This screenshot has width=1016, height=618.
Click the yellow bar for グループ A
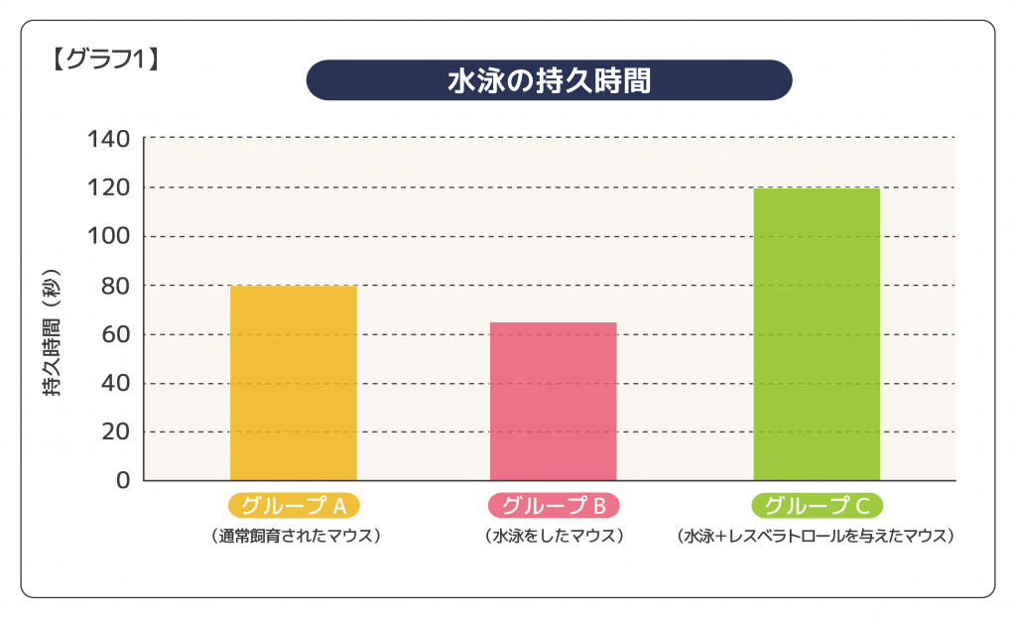click(293, 383)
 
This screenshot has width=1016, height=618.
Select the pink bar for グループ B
click(553, 401)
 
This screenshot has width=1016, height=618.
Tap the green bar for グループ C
click(817, 333)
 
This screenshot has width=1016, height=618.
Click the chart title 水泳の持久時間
click(549, 80)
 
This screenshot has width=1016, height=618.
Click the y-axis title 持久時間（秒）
click(53, 333)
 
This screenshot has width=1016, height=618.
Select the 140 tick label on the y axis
click(109, 139)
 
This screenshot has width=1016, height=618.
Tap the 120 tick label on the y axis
click(109, 187)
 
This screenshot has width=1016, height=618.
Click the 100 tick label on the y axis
click(109, 236)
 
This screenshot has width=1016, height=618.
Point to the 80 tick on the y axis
click(115, 286)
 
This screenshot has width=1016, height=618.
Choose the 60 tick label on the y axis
click(115, 334)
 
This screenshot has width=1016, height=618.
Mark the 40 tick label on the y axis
click(115, 383)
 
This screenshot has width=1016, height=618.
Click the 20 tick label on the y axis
click(115, 432)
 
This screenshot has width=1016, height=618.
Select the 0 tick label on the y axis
click(123, 480)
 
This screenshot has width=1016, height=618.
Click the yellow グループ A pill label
click(294, 506)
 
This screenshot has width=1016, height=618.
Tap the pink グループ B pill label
click(554, 506)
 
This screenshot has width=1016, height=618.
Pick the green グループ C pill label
click(818, 506)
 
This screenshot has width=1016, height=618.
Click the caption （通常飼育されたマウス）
click(294, 536)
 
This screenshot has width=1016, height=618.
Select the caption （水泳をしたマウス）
click(554, 536)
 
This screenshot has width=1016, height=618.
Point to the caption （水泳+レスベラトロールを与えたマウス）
click(816, 536)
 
